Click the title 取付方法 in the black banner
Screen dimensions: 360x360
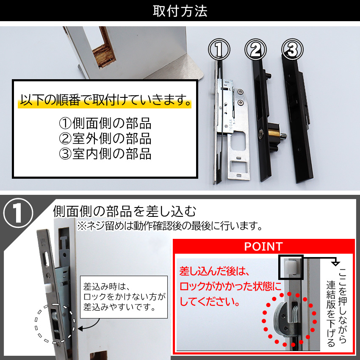coord(180,11)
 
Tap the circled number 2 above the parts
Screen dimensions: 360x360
coord(255,50)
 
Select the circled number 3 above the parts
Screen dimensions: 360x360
coord(292,50)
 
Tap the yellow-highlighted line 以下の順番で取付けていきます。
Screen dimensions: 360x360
coord(105,100)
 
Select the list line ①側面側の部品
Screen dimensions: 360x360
coord(105,123)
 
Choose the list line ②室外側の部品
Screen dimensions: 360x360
coord(105,138)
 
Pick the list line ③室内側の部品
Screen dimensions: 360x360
coord(105,154)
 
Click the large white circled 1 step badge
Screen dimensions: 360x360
coord(18,213)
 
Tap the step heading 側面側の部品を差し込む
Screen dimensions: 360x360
coord(124,211)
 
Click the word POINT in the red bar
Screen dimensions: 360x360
coord(263,246)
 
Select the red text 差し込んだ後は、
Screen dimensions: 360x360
coord(214,271)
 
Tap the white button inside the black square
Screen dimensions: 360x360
coord(290,268)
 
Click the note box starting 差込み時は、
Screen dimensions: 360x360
coord(124,297)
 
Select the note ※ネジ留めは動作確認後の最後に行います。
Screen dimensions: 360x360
coord(169,226)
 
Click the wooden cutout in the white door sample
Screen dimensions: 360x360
coord(104,48)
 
